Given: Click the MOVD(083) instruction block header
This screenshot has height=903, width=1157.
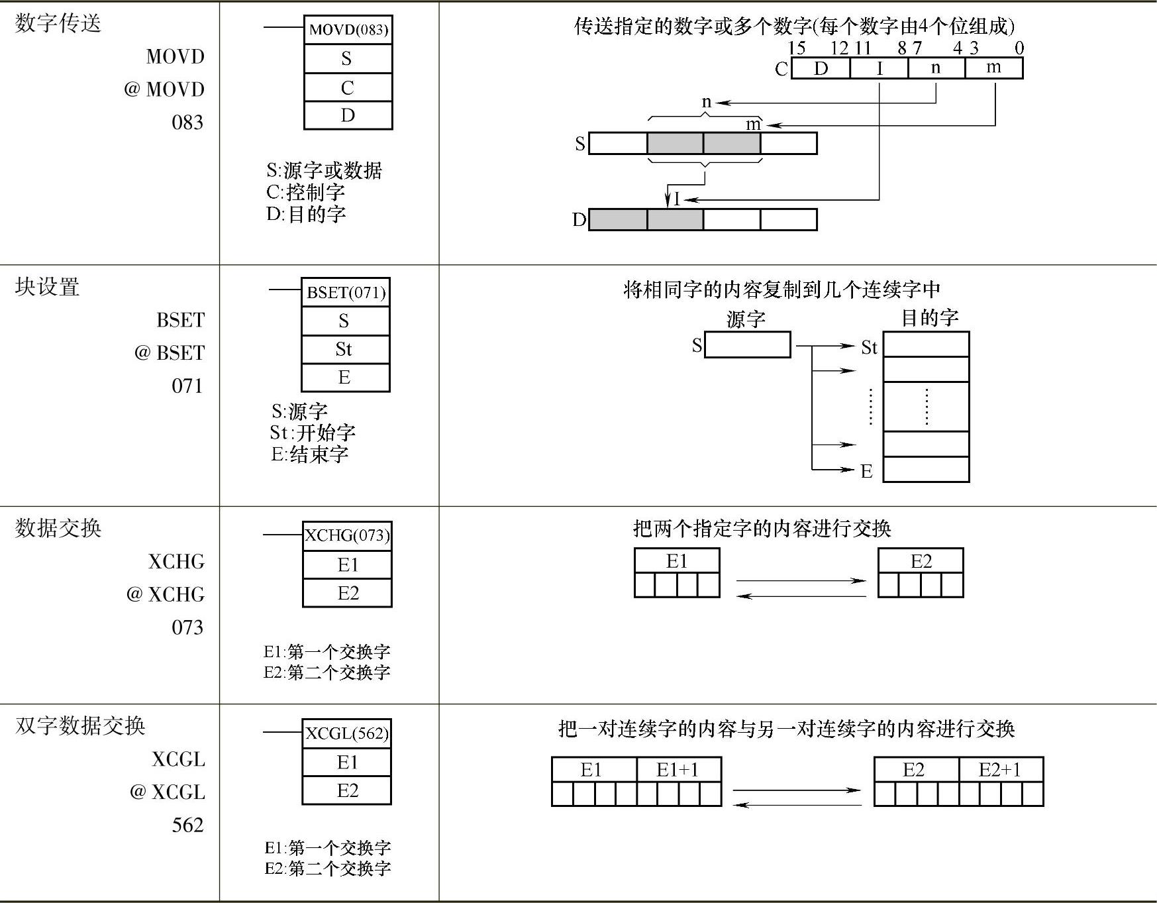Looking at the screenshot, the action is (x=348, y=30).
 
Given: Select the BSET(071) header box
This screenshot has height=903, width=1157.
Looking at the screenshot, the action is (x=346, y=293).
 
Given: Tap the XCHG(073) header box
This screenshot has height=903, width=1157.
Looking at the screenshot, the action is (x=347, y=535).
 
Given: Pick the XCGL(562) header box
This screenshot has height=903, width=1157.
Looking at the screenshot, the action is (x=347, y=733).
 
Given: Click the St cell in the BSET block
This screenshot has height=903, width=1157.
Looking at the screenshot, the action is (x=344, y=349).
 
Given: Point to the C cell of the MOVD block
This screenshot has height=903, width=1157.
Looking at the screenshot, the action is (x=348, y=87).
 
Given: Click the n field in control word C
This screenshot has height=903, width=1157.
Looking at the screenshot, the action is (x=936, y=68).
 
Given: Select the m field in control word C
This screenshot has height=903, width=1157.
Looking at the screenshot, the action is (x=993, y=68).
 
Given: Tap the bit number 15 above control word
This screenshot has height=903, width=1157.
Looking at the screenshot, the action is (x=797, y=48).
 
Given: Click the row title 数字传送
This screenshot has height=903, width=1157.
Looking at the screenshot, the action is (x=58, y=24).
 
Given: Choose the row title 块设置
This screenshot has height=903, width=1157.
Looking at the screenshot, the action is (x=48, y=287).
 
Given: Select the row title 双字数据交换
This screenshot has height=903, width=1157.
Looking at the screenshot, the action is (x=80, y=725).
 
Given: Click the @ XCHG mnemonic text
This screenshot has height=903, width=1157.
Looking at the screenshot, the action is (x=166, y=594).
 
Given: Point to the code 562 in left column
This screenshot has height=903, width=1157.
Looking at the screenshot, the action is (x=187, y=825).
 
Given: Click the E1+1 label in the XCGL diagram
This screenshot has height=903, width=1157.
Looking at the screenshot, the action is (x=678, y=770).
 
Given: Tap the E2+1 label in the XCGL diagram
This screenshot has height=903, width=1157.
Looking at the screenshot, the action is (x=1000, y=770).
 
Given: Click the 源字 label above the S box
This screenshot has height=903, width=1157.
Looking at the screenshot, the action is (x=746, y=320).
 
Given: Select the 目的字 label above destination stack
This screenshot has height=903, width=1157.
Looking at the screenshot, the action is (x=930, y=318).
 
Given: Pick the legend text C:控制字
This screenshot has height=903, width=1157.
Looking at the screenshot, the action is (x=306, y=192).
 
